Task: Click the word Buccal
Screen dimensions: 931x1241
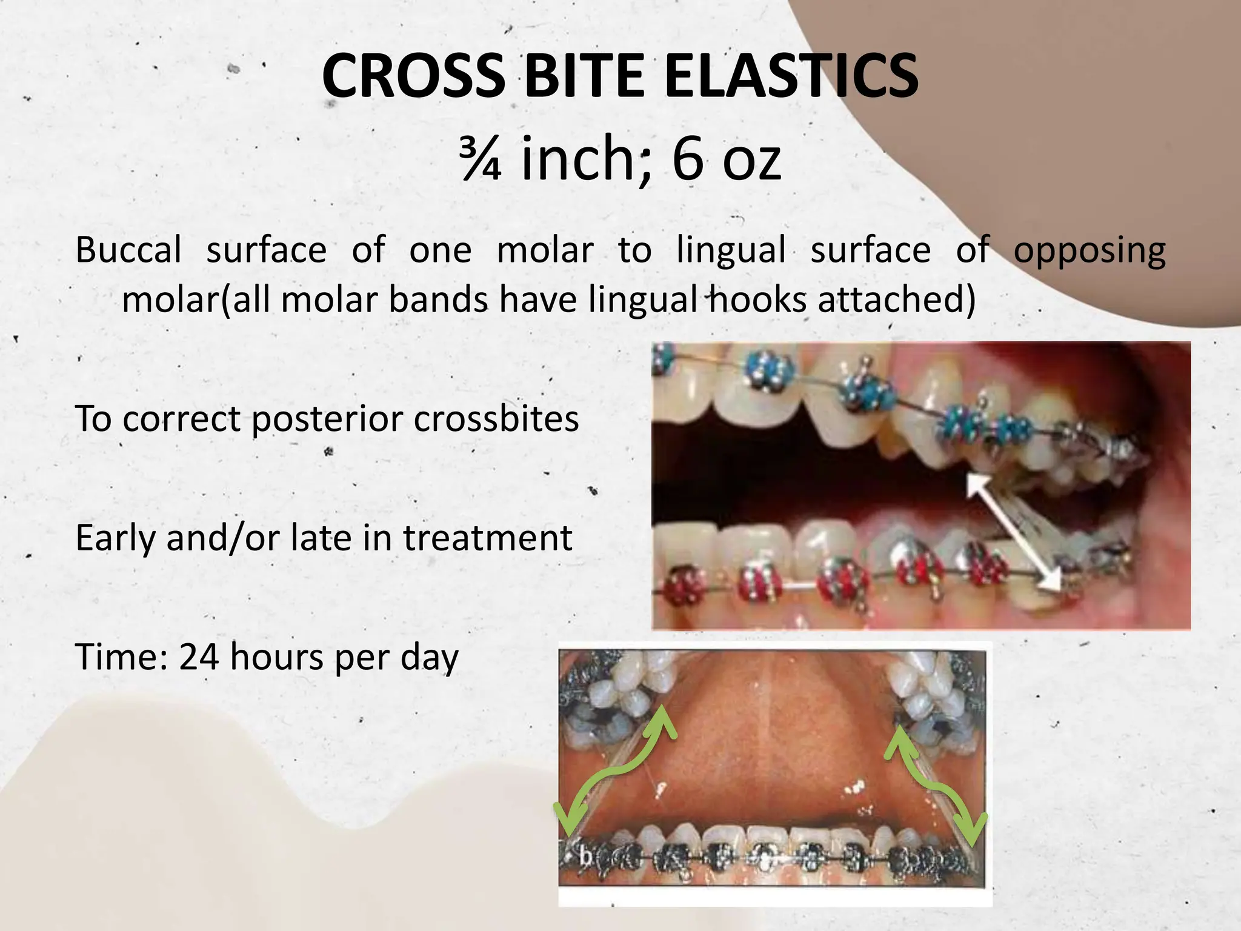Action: [128, 250]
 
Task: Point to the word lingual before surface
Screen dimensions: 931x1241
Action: [731, 250]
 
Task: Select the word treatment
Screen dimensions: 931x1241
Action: [487, 538]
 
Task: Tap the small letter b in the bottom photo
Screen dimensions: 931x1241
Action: [585, 856]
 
